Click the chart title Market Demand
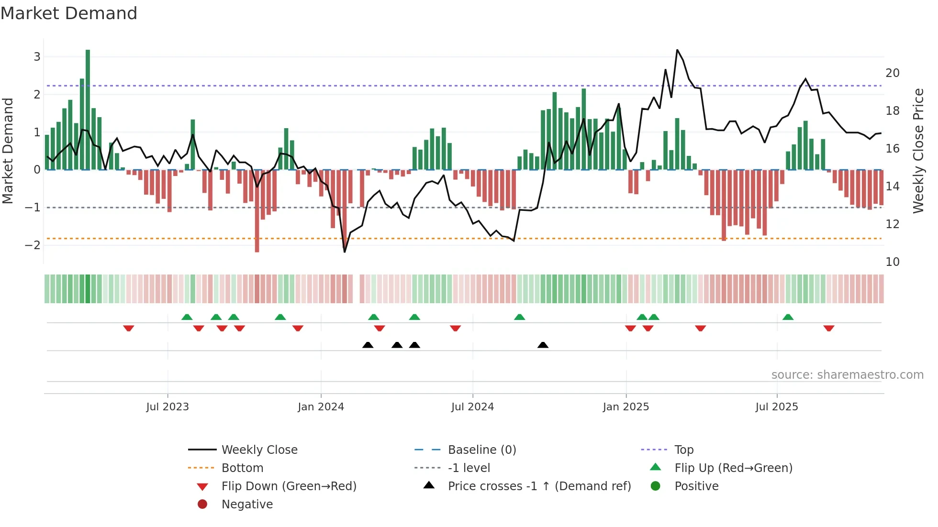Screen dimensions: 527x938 pyautogui.click(x=69, y=13)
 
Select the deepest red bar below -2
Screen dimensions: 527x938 pyautogui.click(x=257, y=210)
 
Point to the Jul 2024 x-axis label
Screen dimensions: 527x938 pyautogui.click(x=472, y=407)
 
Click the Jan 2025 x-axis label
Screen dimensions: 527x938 pyautogui.click(x=625, y=407)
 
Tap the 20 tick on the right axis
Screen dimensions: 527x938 pyautogui.click(x=892, y=73)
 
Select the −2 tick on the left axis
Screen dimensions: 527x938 pyautogui.click(x=33, y=245)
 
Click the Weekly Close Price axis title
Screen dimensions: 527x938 pyautogui.click(x=918, y=151)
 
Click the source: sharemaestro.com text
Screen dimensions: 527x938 pyautogui.click(x=847, y=375)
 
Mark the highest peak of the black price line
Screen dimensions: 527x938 pyautogui.click(x=677, y=50)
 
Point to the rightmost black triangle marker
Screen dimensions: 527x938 pyautogui.click(x=543, y=345)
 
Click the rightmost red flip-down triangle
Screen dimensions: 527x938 pyautogui.click(x=829, y=328)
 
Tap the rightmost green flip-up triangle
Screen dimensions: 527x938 pyautogui.click(x=788, y=317)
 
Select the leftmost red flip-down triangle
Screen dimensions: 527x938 pyautogui.click(x=128, y=328)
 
